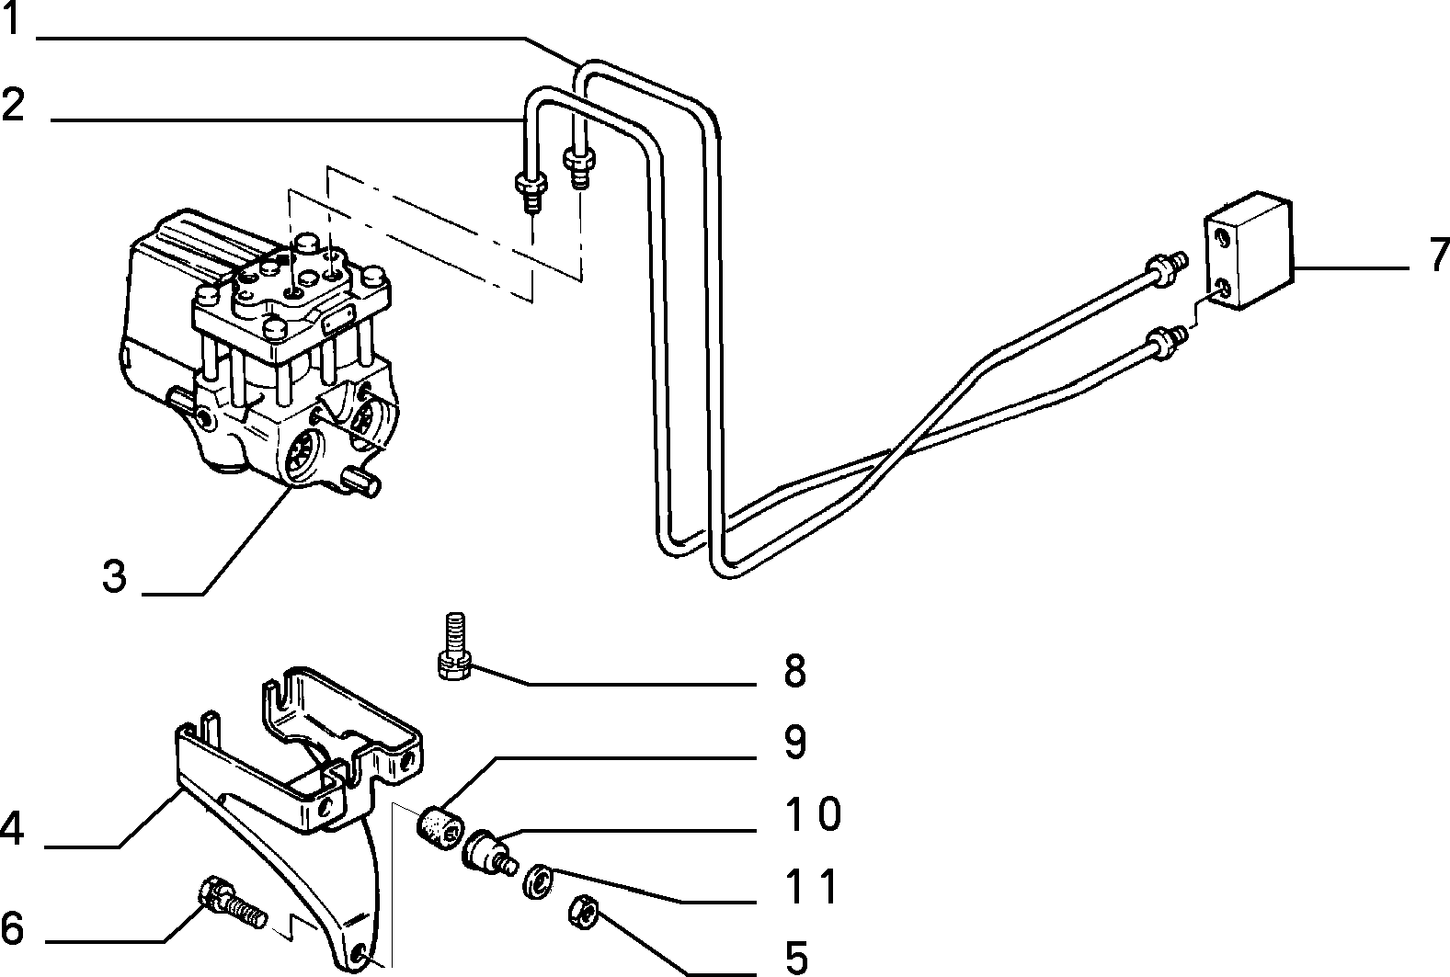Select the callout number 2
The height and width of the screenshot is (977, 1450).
click(14, 104)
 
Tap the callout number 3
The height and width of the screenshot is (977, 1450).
click(115, 576)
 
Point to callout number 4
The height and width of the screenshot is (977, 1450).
click(12, 829)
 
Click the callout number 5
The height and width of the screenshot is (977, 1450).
click(797, 958)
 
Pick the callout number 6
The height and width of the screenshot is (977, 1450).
click(12, 927)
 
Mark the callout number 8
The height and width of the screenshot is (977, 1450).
click(795, 671)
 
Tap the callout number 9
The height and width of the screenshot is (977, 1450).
click(795, 742)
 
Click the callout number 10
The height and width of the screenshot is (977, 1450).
click(813, 813)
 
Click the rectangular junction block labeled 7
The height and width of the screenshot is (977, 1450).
click(1248, 250)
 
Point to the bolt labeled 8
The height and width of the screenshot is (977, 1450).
click(454, 646)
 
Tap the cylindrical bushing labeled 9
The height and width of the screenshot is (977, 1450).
click(440, 828)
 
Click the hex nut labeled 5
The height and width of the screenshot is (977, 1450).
click(583, 914)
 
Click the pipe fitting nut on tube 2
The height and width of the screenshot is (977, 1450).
click(531, 184)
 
